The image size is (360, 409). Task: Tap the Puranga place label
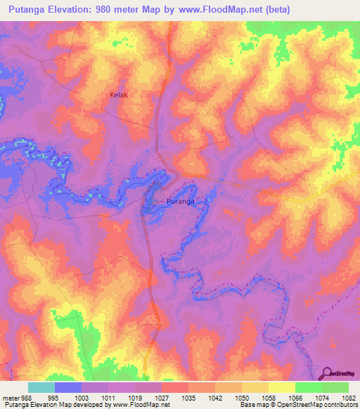pyautogui.click(x=180, y=201)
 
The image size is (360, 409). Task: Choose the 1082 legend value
pyautogui.click(x=349, y=397)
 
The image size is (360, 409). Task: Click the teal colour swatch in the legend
pyautogui.click(x=41, y=387)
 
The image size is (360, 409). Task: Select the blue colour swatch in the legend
pyautogui.click(x=68, y=387)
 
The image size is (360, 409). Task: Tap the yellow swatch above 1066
pyautogui.click(x=281, y=387)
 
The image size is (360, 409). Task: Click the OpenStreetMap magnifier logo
pyautogui.click(x=326, y=373)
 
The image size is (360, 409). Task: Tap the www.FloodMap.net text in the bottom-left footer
pyautogui.click(x=141, y=405)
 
